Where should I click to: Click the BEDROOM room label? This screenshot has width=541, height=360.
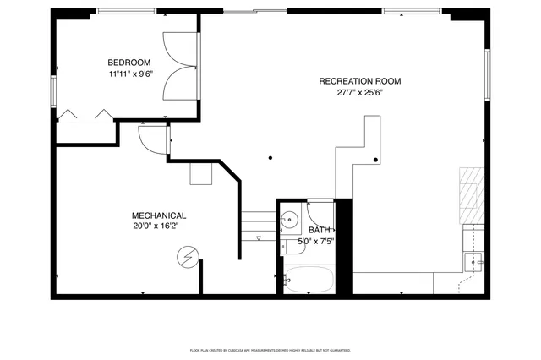128,63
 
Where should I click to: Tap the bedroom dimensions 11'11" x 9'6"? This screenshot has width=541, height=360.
128,74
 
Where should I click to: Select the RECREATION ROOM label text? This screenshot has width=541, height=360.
359,81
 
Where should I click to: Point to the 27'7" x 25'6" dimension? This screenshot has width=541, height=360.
359,93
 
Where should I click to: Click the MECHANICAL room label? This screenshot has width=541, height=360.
159,215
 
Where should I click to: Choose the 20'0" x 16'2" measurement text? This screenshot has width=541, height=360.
156,226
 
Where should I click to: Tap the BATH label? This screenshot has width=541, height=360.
320,230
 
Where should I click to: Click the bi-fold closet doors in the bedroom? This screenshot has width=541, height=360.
85,115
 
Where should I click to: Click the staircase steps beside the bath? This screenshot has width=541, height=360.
258,225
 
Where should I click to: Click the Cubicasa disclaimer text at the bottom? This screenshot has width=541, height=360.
270,348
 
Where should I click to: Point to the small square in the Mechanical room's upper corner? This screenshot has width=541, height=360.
201,173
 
